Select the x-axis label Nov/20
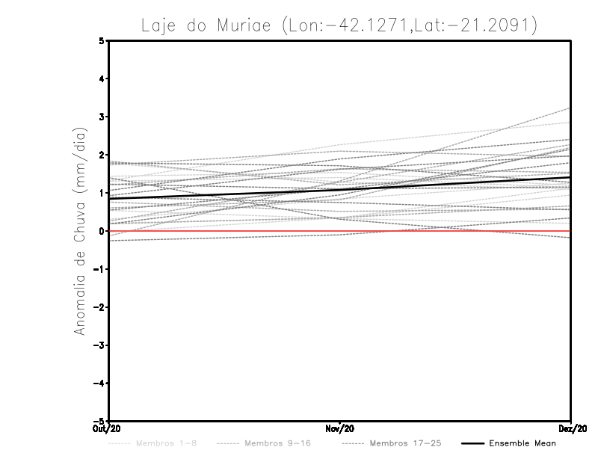[x=340, y=428]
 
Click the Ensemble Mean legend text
[x=523, y=443]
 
